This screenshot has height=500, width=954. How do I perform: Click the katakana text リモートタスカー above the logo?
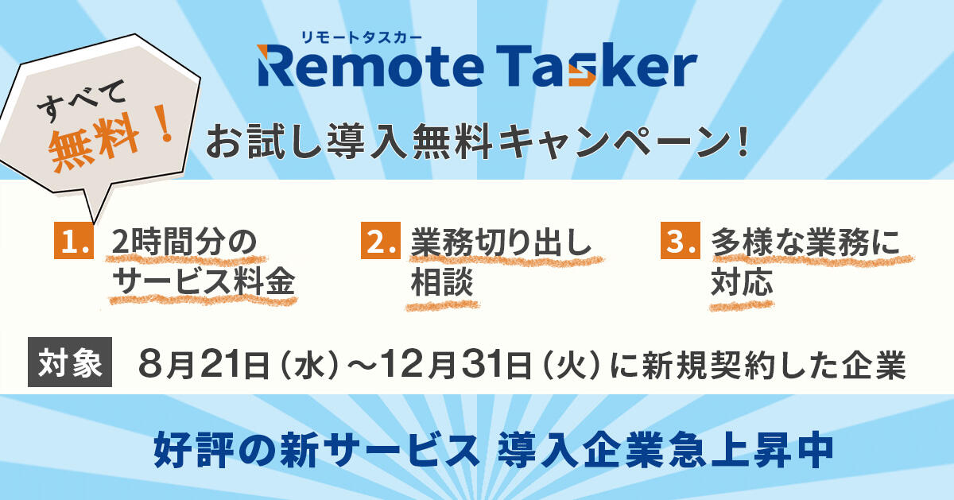pos(361,37)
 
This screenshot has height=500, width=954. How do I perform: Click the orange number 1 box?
pos(74,240)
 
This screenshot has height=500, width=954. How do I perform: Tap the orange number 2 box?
pos(381,240)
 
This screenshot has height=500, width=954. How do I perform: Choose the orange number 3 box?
pos(681,240)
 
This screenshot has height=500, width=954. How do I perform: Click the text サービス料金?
pos(204,281)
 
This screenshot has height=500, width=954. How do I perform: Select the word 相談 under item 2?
pos(442,282)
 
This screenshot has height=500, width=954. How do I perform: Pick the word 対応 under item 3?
pos(742,282)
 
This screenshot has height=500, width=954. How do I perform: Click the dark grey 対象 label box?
pos(70,362)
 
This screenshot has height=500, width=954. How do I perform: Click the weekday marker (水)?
pos(308,366)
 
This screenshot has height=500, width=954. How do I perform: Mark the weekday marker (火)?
pos(572,366)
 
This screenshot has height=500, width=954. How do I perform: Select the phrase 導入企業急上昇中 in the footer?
pos(665,450)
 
